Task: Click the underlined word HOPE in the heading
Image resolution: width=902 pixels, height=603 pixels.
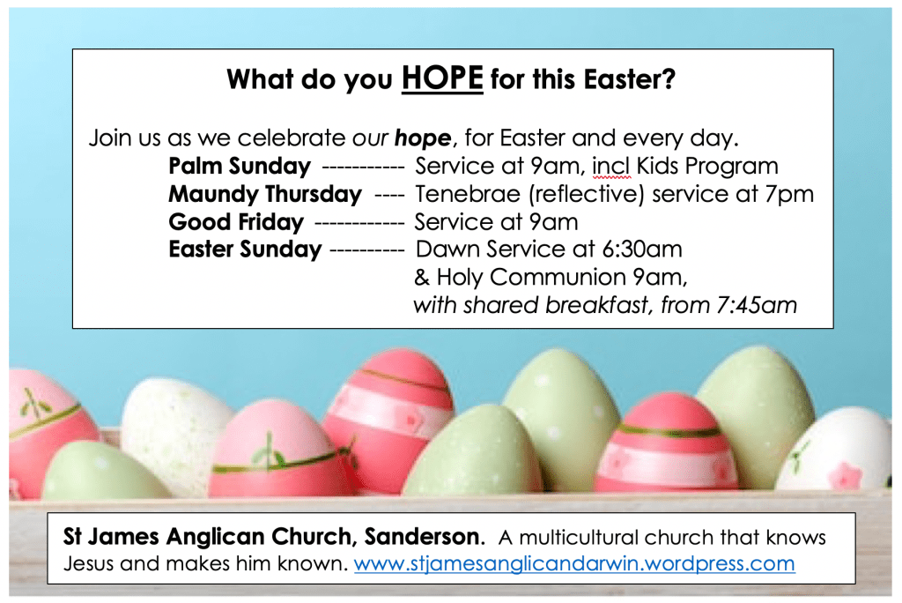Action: (x=442, y=78)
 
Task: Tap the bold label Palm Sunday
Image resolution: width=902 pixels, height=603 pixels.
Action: (x=240, y=167)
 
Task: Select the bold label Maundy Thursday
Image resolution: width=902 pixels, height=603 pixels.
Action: (x=265, y=195)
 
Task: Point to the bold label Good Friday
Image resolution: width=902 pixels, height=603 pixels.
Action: (x=236, y=222)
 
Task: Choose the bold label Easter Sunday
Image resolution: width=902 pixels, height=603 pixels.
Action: (x=245, y=250)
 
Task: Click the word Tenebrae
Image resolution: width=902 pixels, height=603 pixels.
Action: (x=468, y=194)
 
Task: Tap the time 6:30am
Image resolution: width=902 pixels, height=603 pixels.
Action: (x=642, y=249)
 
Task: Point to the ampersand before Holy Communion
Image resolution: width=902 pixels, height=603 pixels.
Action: (x=422, y=278)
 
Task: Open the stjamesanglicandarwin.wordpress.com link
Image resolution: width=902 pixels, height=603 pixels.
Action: (x=574, y=563)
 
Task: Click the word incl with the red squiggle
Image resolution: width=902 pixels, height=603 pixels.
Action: (x=611, y=167)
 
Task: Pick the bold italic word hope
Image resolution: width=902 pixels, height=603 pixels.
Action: (x=423, y=138)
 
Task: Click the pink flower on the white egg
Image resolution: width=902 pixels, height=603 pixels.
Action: (x=846, y=476)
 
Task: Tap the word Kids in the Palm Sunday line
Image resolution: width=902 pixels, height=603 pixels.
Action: (x=657, y=167)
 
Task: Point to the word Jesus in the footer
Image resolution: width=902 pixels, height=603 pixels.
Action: (x=88, y=563)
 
